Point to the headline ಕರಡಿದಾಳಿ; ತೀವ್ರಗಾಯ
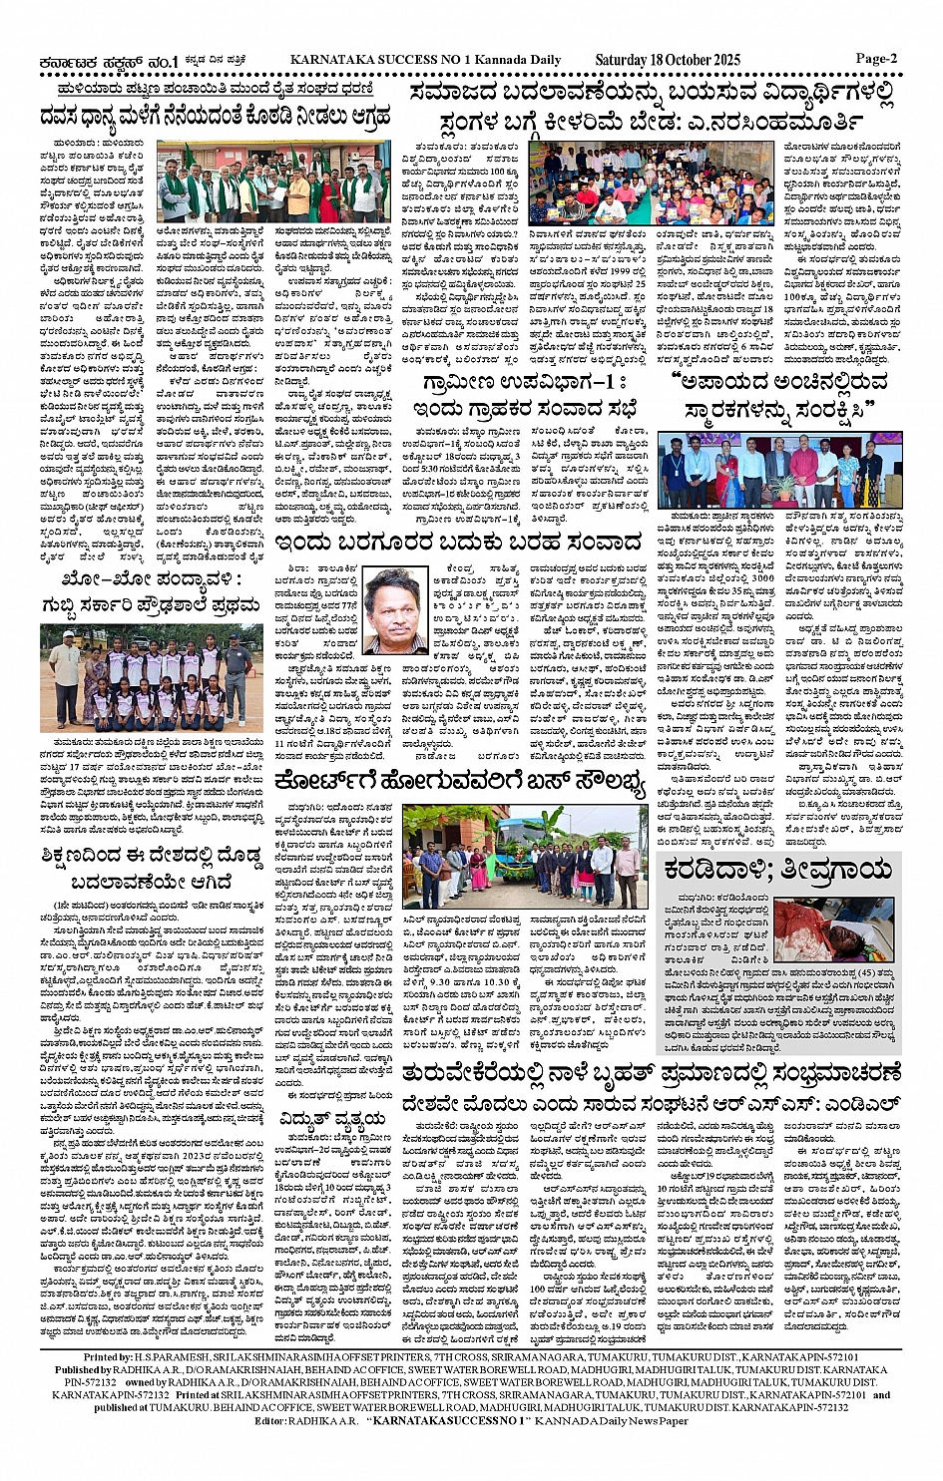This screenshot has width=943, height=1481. tap(778, 870)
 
